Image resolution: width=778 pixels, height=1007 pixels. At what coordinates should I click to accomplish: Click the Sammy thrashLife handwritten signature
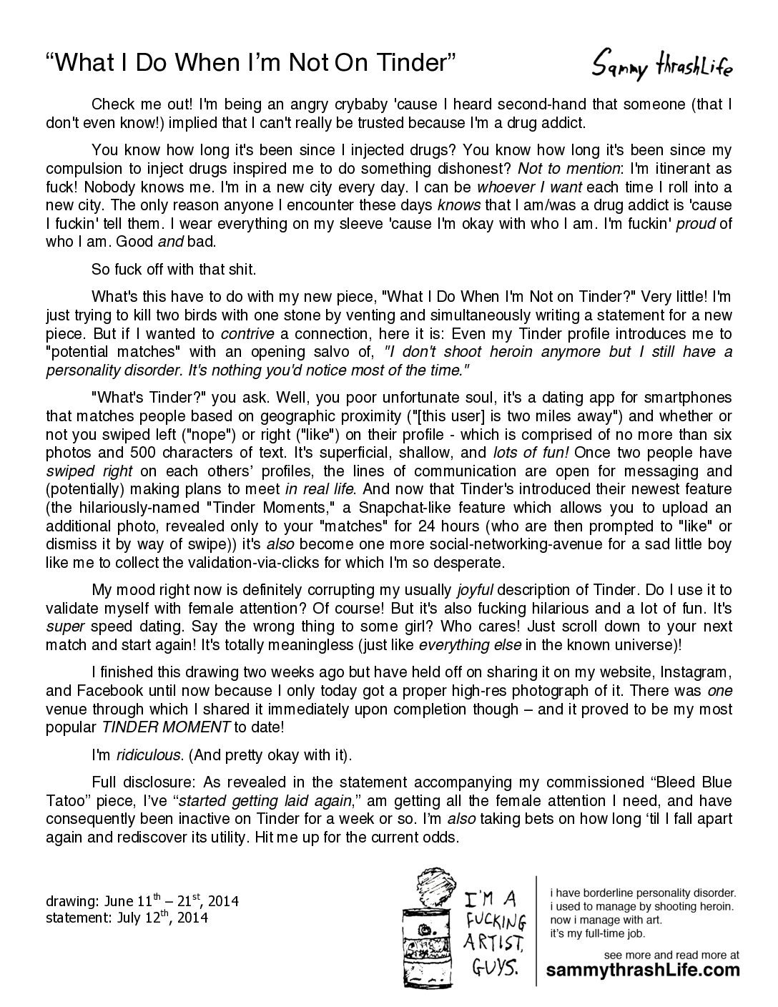tap(662, 66)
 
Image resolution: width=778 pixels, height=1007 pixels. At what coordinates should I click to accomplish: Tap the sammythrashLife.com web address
tap(643, 970)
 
